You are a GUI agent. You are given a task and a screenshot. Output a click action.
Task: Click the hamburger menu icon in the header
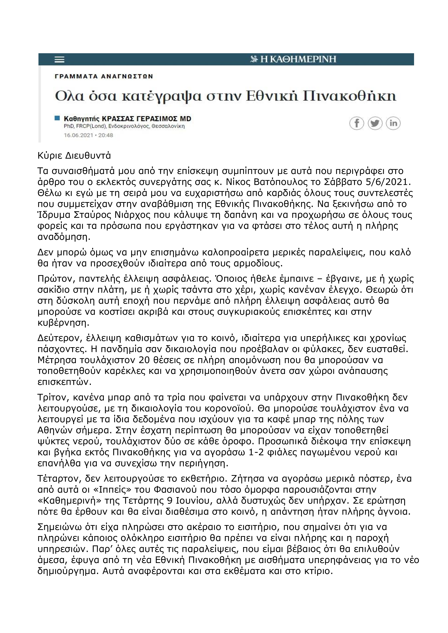point(60,60)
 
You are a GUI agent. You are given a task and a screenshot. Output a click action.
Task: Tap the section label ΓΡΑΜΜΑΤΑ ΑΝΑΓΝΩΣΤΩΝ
point(104,76)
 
